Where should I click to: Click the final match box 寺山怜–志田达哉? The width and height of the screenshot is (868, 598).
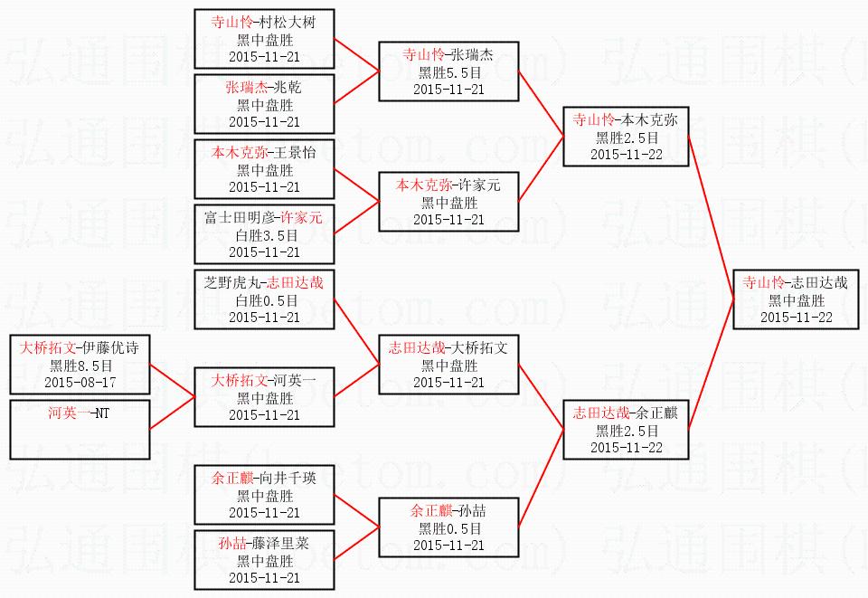tap(796, 299)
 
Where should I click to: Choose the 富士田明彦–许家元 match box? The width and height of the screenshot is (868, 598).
tap(264, 234)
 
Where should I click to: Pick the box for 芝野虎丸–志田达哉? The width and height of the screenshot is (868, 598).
tap(264, 299)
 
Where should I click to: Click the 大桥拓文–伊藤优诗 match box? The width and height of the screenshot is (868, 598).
tap(80, 365)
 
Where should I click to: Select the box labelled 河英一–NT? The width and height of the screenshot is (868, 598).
tap(80, 430)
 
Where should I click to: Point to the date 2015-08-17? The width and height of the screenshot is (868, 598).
tap(80, 383)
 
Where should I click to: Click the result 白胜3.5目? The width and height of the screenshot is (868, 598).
tap(264, 234)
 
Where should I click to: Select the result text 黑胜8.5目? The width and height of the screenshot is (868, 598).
tap(80, 365)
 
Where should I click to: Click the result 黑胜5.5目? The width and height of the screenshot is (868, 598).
tap(448, 71)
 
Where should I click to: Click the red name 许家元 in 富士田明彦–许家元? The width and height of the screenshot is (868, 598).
tap(301, 217)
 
